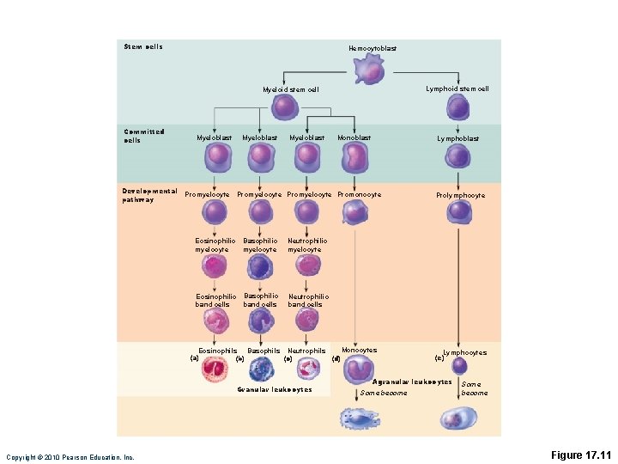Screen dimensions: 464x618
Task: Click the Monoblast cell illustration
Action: [354, 158]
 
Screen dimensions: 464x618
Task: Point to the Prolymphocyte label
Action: [460, 195]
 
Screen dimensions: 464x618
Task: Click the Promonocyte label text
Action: [360, 194]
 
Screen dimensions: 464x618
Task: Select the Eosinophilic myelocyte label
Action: [215, 245]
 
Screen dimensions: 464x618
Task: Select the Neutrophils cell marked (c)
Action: [306, 369]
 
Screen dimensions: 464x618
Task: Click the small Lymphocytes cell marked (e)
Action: [460, 365]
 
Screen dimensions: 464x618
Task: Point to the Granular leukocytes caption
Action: [274, 389]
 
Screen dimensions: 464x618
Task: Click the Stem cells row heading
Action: [142, 46]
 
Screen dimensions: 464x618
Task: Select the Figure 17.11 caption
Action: [582, 454]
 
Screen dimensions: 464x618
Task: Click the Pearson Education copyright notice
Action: [70, 457]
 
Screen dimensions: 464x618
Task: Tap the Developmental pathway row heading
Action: [149, 195]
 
